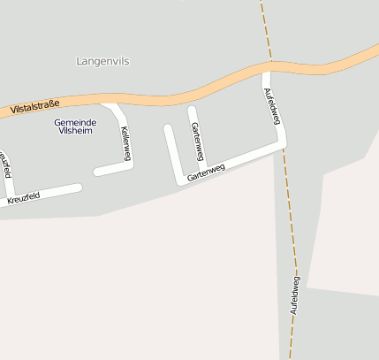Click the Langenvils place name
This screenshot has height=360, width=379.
click(102, 62)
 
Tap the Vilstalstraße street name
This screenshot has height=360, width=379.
click(36, 107)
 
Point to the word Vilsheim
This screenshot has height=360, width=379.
click(73, 130)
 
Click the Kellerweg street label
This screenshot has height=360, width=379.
click(125, 142)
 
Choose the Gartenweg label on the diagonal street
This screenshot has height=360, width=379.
click(206, 172)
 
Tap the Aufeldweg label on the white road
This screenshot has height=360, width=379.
click(273, 106)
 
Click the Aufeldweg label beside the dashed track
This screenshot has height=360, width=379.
click(294, 295)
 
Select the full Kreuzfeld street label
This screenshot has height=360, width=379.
click(23, 199)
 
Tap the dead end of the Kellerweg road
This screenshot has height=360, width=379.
click(97, 172)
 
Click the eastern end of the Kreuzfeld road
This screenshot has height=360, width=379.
click(79, 188)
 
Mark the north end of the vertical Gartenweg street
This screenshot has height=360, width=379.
click(192, 110)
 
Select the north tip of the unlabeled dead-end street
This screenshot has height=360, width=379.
click(168, 128)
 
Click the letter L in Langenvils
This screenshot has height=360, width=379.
click(80, 62)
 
